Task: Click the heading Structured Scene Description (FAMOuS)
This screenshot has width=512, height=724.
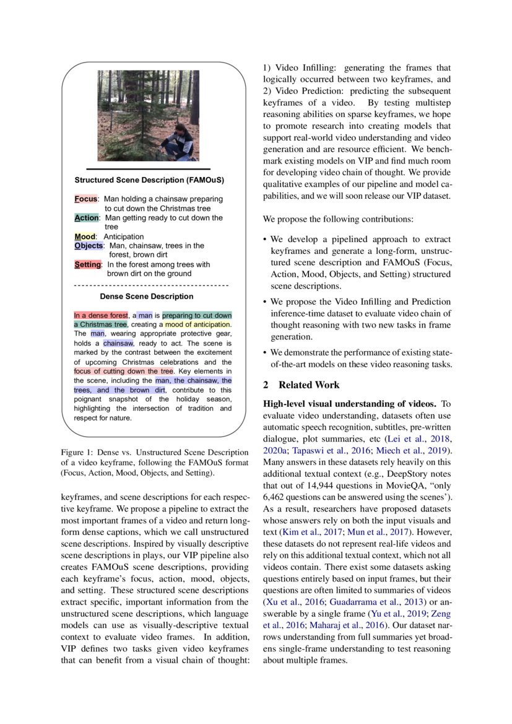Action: [149, 181]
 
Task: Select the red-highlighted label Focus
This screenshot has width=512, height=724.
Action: [86, 199]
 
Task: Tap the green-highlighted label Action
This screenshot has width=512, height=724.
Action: [87, 218]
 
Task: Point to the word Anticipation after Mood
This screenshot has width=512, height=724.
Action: [123, 237]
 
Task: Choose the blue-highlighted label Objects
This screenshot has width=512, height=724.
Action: [88, 246]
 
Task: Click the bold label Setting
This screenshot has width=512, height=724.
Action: [87, 264]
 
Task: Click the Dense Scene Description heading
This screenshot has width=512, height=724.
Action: [147, 297]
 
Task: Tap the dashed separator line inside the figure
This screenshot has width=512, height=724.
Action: [151, 286]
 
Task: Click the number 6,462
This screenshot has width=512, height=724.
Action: [277, 497]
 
